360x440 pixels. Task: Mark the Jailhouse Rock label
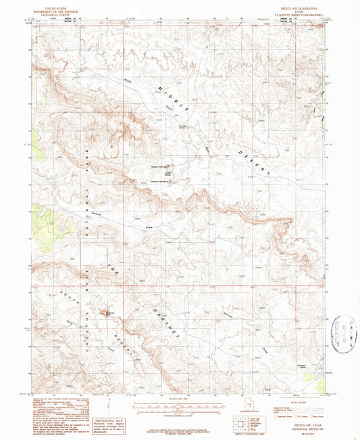pyautogui.click(x=108, y=313)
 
